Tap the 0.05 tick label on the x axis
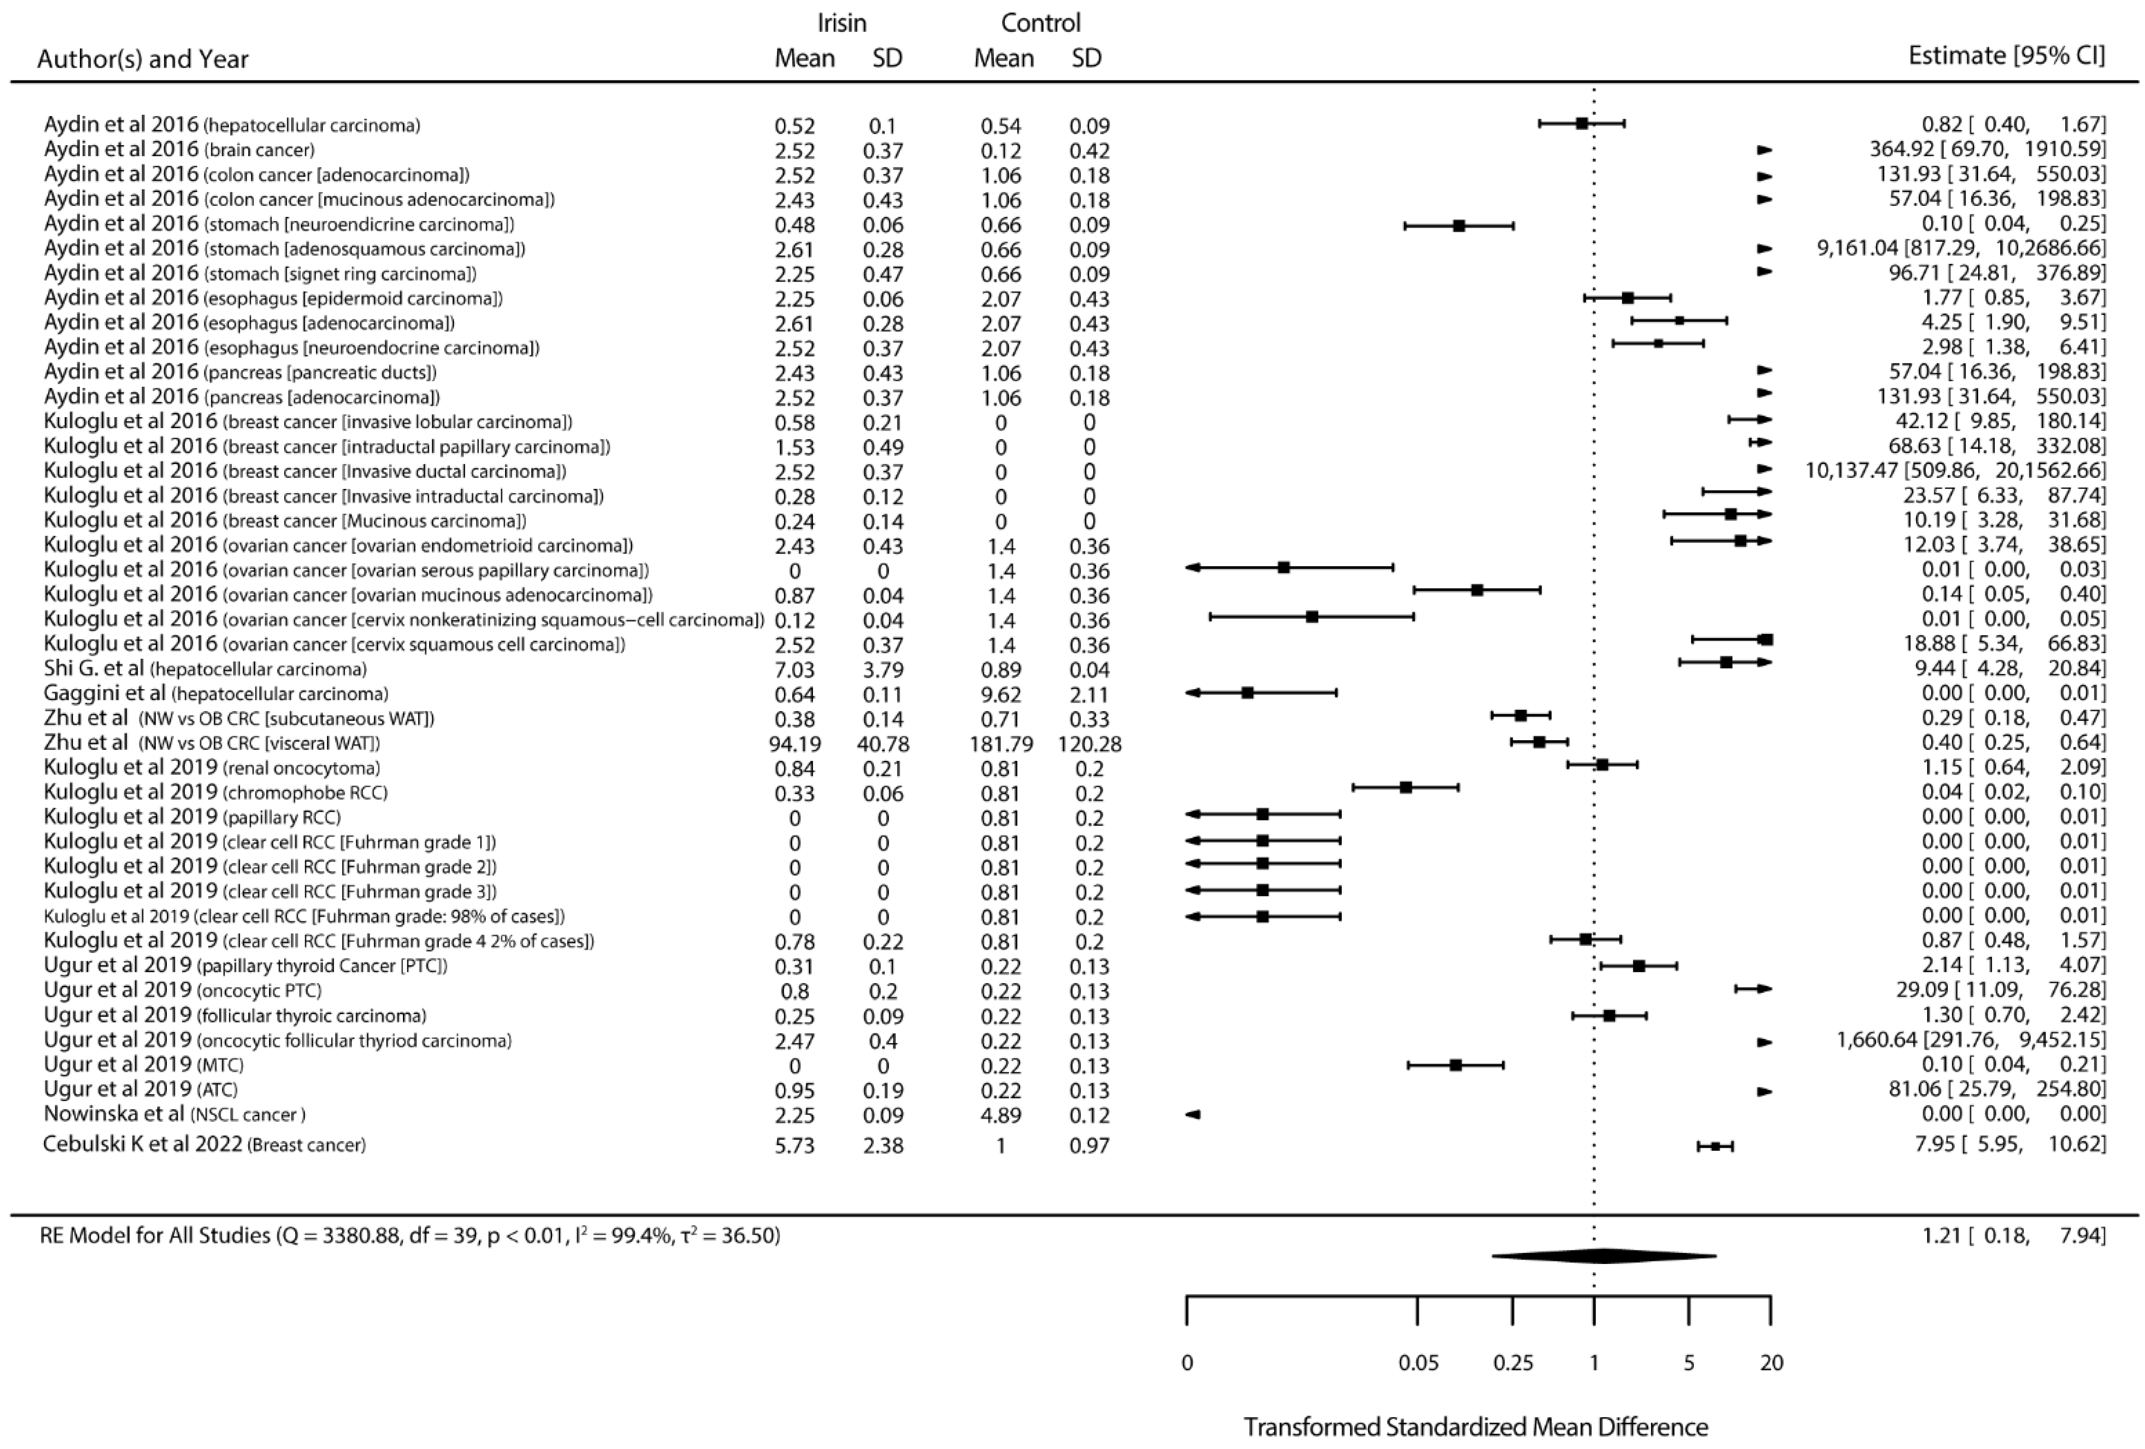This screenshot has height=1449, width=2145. [x=1418, y=1362]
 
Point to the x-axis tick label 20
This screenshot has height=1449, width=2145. [x=1770, y=1362]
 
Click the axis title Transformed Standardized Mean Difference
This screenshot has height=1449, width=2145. [x=1475, y=1427]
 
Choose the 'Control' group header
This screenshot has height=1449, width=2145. [x=1040, y=23]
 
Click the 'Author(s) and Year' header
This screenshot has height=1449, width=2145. [x=143, y=59]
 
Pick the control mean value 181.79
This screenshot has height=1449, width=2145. [x=1001, y=744]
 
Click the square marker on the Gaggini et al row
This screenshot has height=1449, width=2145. [x=1247, y=692]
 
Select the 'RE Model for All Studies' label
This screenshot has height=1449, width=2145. [x=155, y=1235]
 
